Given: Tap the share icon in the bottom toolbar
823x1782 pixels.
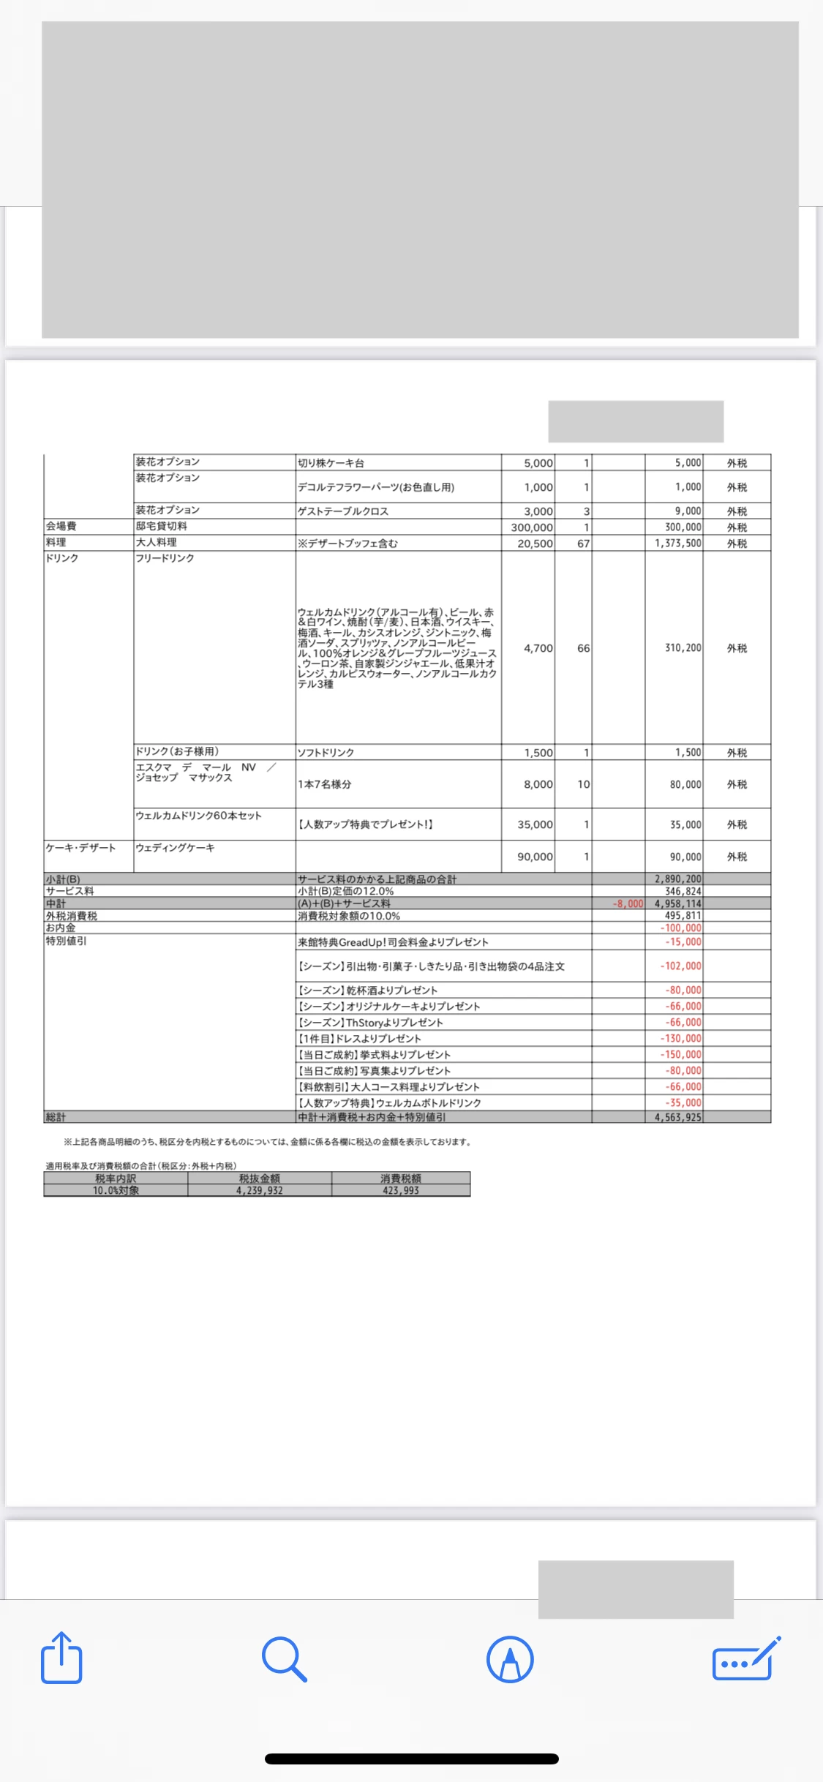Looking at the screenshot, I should tap(61, 1658).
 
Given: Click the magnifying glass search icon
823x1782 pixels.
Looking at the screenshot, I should tap(284, 1659).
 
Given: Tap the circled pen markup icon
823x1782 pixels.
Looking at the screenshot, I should tap(510, 1659).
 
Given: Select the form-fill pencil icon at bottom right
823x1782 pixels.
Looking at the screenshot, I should tap(745, 1659).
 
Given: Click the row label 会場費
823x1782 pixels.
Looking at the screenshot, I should tap(61, 526).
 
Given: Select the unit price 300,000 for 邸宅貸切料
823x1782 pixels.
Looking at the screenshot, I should tap(532, 527).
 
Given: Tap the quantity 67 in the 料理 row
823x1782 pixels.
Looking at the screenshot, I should tap(583, 544).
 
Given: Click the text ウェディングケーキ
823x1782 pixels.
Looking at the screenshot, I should tap(176, 848).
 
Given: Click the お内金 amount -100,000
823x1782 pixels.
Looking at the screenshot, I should tap(681, 928).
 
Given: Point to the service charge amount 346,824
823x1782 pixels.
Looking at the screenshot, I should tap(683, 891).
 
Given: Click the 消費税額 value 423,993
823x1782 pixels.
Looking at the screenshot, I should tap(401, 1190).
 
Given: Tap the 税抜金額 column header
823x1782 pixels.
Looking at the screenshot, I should tap(260, 1178).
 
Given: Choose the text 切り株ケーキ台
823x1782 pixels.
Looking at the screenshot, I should tap(331, 463).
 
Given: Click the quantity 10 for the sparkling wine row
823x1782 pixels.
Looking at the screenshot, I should tap(583, 784).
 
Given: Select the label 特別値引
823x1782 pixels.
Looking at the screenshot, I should tap(67, 941).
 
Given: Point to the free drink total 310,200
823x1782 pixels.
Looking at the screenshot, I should tap(683, 648).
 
